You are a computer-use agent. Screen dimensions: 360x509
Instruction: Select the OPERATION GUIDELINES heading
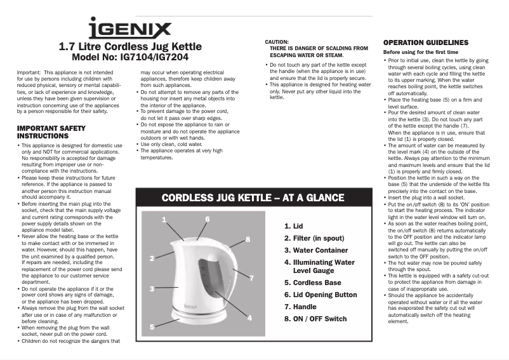point(426,43)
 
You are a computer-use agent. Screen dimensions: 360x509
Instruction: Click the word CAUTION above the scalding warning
point(277,41)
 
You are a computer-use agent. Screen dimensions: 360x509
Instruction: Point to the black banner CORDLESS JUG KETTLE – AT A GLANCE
point(253,198)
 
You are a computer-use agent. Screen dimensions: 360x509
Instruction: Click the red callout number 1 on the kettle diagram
point(164,219)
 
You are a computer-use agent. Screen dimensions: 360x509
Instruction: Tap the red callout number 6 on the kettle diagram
point(207,219)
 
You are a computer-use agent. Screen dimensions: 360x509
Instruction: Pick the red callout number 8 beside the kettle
point(248,239)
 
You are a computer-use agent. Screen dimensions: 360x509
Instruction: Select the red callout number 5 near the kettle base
point(152,326)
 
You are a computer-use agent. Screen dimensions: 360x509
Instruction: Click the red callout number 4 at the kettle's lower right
point(249,317)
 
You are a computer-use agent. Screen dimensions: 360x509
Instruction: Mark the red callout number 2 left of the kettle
point(152,258)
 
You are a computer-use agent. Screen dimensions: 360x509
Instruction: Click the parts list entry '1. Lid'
point(294,225)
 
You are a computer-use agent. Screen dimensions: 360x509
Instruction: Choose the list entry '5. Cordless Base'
point(313,283)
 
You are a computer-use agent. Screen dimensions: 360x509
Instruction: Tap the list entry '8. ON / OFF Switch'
point(315,319)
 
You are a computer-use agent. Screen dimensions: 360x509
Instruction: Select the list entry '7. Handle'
point(300,307)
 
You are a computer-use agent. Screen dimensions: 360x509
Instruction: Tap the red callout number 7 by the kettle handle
point(251,278)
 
